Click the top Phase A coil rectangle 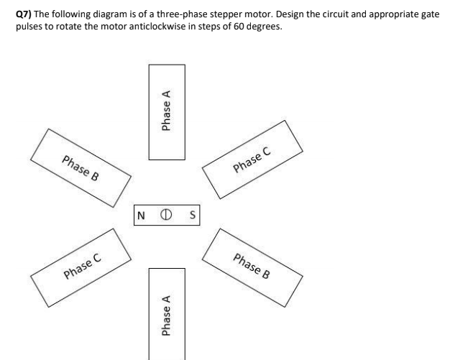point(167,112)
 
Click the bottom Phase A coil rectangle point(167,313)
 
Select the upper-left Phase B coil point(81,167)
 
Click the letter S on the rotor point(192,215)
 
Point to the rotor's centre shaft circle point(167,215)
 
